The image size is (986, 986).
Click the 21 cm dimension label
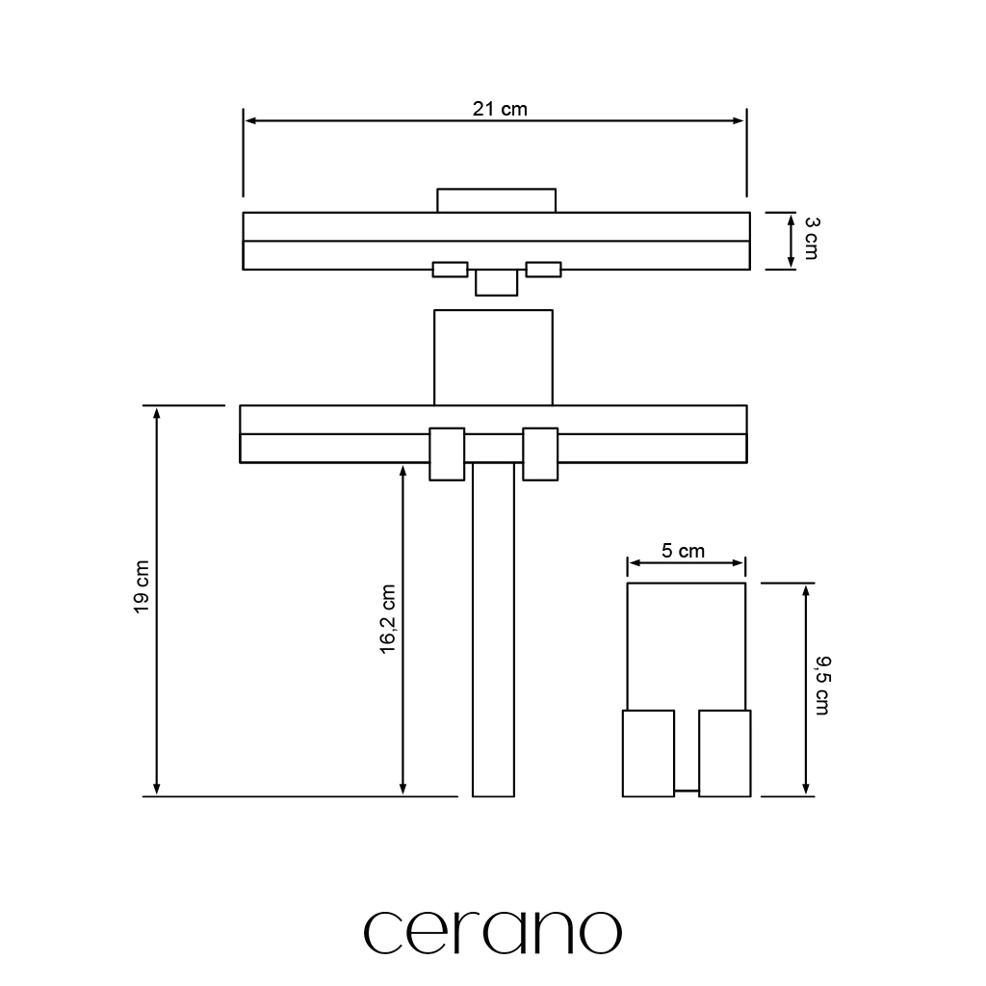500,109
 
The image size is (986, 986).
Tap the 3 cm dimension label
811,239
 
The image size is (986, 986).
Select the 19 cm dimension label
142,586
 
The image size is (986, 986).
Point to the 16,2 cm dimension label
387,619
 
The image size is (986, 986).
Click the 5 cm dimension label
683,551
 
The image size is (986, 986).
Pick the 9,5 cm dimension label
822,686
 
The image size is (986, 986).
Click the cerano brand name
493,932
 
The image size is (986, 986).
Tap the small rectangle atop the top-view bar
497,200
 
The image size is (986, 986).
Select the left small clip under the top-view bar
451,270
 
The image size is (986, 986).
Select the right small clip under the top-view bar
543,270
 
